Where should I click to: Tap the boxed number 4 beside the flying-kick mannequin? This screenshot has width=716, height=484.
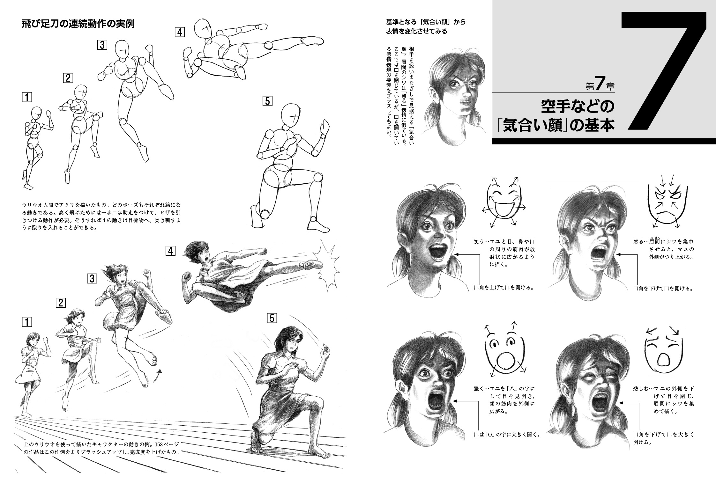[x=180, y=32]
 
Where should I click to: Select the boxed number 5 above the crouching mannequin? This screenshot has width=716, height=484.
[x=267, y=101]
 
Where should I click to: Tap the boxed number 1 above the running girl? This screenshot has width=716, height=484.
[x=27, y=322]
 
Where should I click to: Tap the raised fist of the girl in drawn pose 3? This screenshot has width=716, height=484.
[x=146, y=273]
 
